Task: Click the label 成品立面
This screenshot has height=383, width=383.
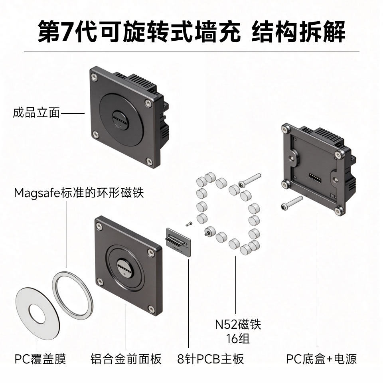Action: click(x=36, y=113)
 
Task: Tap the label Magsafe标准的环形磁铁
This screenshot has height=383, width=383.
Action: click(x=79, y=193)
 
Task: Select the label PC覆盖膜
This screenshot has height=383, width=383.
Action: click(x=40, y=359)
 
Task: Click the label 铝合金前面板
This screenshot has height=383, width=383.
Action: click(x=126, y=359)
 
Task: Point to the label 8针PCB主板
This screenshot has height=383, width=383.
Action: click(x=211, y=359)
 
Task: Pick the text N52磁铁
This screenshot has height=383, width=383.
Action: click(x=238, y=324)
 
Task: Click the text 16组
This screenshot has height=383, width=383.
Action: click(x=238, y=339)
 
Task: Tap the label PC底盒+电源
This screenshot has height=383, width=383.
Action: click(x=321, y=359)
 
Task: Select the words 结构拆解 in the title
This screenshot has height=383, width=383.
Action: click(x=298, y=32)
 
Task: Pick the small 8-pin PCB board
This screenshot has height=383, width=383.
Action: click(x=178, y=242)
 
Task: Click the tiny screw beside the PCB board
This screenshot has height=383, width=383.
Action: click(x=189, y=223)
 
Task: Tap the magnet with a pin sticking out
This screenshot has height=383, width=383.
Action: click(x=209, y=231)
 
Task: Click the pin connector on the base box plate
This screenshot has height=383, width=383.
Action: click(x=315, y=180)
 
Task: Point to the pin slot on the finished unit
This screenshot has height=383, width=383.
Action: click(x=120, y=120)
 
